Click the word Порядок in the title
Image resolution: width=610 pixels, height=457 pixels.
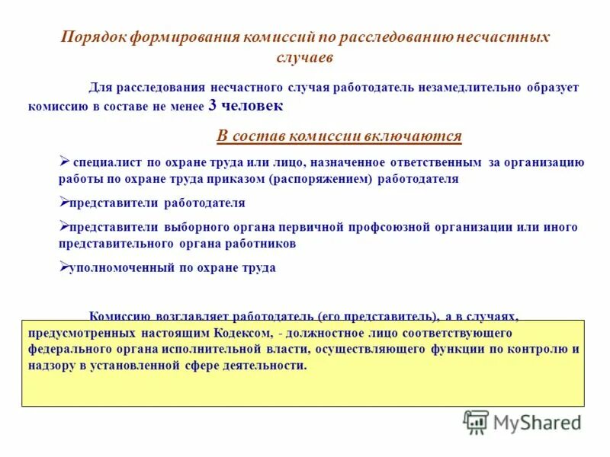(x=90, y=37)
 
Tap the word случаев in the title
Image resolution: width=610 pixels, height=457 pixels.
(x=304, y=57)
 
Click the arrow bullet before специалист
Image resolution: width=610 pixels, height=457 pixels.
(x=64, y=161)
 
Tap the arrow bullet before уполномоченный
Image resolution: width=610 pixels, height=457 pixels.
(x=64, y=267)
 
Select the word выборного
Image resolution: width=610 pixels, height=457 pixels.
(x=193, y=227)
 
